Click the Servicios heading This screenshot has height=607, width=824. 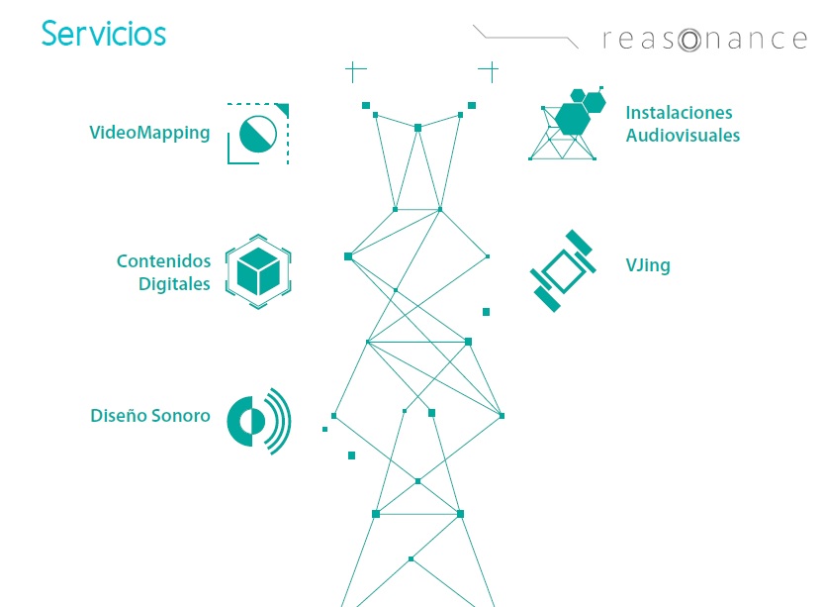104,34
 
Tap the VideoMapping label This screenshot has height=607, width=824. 149,133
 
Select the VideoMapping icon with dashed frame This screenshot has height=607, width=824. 258,133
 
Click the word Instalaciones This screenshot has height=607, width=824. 679,113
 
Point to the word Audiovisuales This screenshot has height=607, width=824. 683,136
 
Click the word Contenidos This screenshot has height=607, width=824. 163,261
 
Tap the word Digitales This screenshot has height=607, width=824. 174,284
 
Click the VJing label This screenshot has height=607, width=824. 647,265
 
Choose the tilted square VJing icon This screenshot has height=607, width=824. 564,270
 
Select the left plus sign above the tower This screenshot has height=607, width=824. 354,70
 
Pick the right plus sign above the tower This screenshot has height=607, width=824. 489,70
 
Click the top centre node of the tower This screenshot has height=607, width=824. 417,128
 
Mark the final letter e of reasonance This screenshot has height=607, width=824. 800,41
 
